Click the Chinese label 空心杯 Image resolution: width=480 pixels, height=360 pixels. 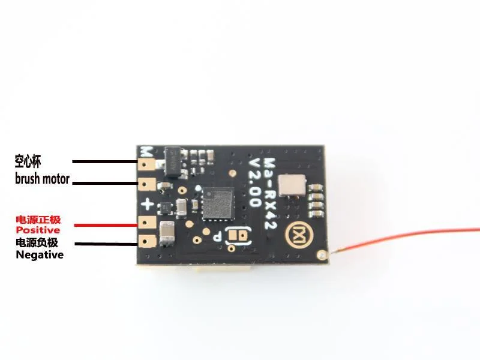point(31,161)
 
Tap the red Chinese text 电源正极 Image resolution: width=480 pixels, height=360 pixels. point(38,220)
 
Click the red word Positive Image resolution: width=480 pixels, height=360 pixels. point(38,230)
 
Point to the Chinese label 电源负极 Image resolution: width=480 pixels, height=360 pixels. point(38,243)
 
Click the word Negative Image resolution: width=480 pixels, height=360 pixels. point(40,254)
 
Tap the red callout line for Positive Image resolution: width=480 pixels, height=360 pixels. point(106,225)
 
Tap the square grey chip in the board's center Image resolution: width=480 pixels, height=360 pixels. point(217,203)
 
